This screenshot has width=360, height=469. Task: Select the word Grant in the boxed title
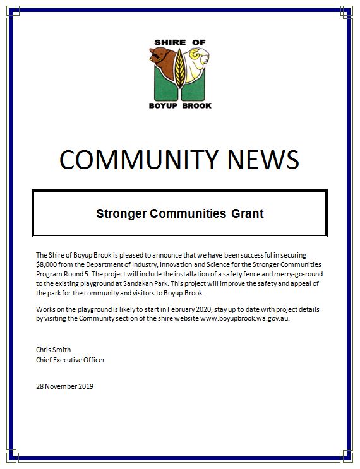pos(248,213)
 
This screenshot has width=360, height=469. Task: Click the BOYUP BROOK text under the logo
pos(180,105)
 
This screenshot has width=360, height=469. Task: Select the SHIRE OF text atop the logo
pos(180,42)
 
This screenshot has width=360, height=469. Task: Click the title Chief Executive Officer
pos(70,360)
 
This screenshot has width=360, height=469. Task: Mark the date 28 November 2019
pos(64,386)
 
